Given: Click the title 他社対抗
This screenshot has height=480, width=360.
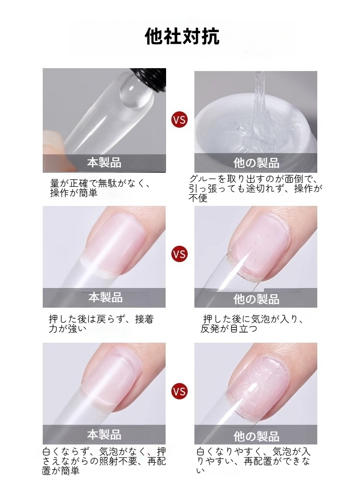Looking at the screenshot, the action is tap(182, 37).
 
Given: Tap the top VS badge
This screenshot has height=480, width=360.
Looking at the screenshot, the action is tap(180, 120).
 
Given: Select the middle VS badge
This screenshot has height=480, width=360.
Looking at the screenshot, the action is tap(180, 254).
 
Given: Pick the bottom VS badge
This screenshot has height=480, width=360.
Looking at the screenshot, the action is tap(180, 392).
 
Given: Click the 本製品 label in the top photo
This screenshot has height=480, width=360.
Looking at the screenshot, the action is tap(104, 163).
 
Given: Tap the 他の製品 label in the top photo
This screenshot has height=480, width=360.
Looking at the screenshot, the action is tap(256, 163).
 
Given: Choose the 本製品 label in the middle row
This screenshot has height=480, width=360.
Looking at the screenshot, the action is tap(105, 297).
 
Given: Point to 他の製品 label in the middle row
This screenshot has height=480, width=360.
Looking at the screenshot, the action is tap(256, 299).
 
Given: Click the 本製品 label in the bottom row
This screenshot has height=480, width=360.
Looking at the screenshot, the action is tap(104, 434).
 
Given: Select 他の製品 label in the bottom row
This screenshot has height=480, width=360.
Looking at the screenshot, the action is tap(256, 436).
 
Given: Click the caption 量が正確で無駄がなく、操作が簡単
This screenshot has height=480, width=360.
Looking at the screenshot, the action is tap(100, 188).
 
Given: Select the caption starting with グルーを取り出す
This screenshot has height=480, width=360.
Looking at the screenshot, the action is tap(255, 188).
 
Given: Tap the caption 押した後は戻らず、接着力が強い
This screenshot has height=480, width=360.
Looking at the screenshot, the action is tap(101, 324).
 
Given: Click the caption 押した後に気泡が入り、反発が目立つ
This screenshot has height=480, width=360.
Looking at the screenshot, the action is tap(253, 324).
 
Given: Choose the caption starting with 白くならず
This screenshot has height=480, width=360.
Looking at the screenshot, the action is tap(104, 461).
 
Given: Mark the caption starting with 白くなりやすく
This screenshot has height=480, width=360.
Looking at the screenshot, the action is tap(253, 461).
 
